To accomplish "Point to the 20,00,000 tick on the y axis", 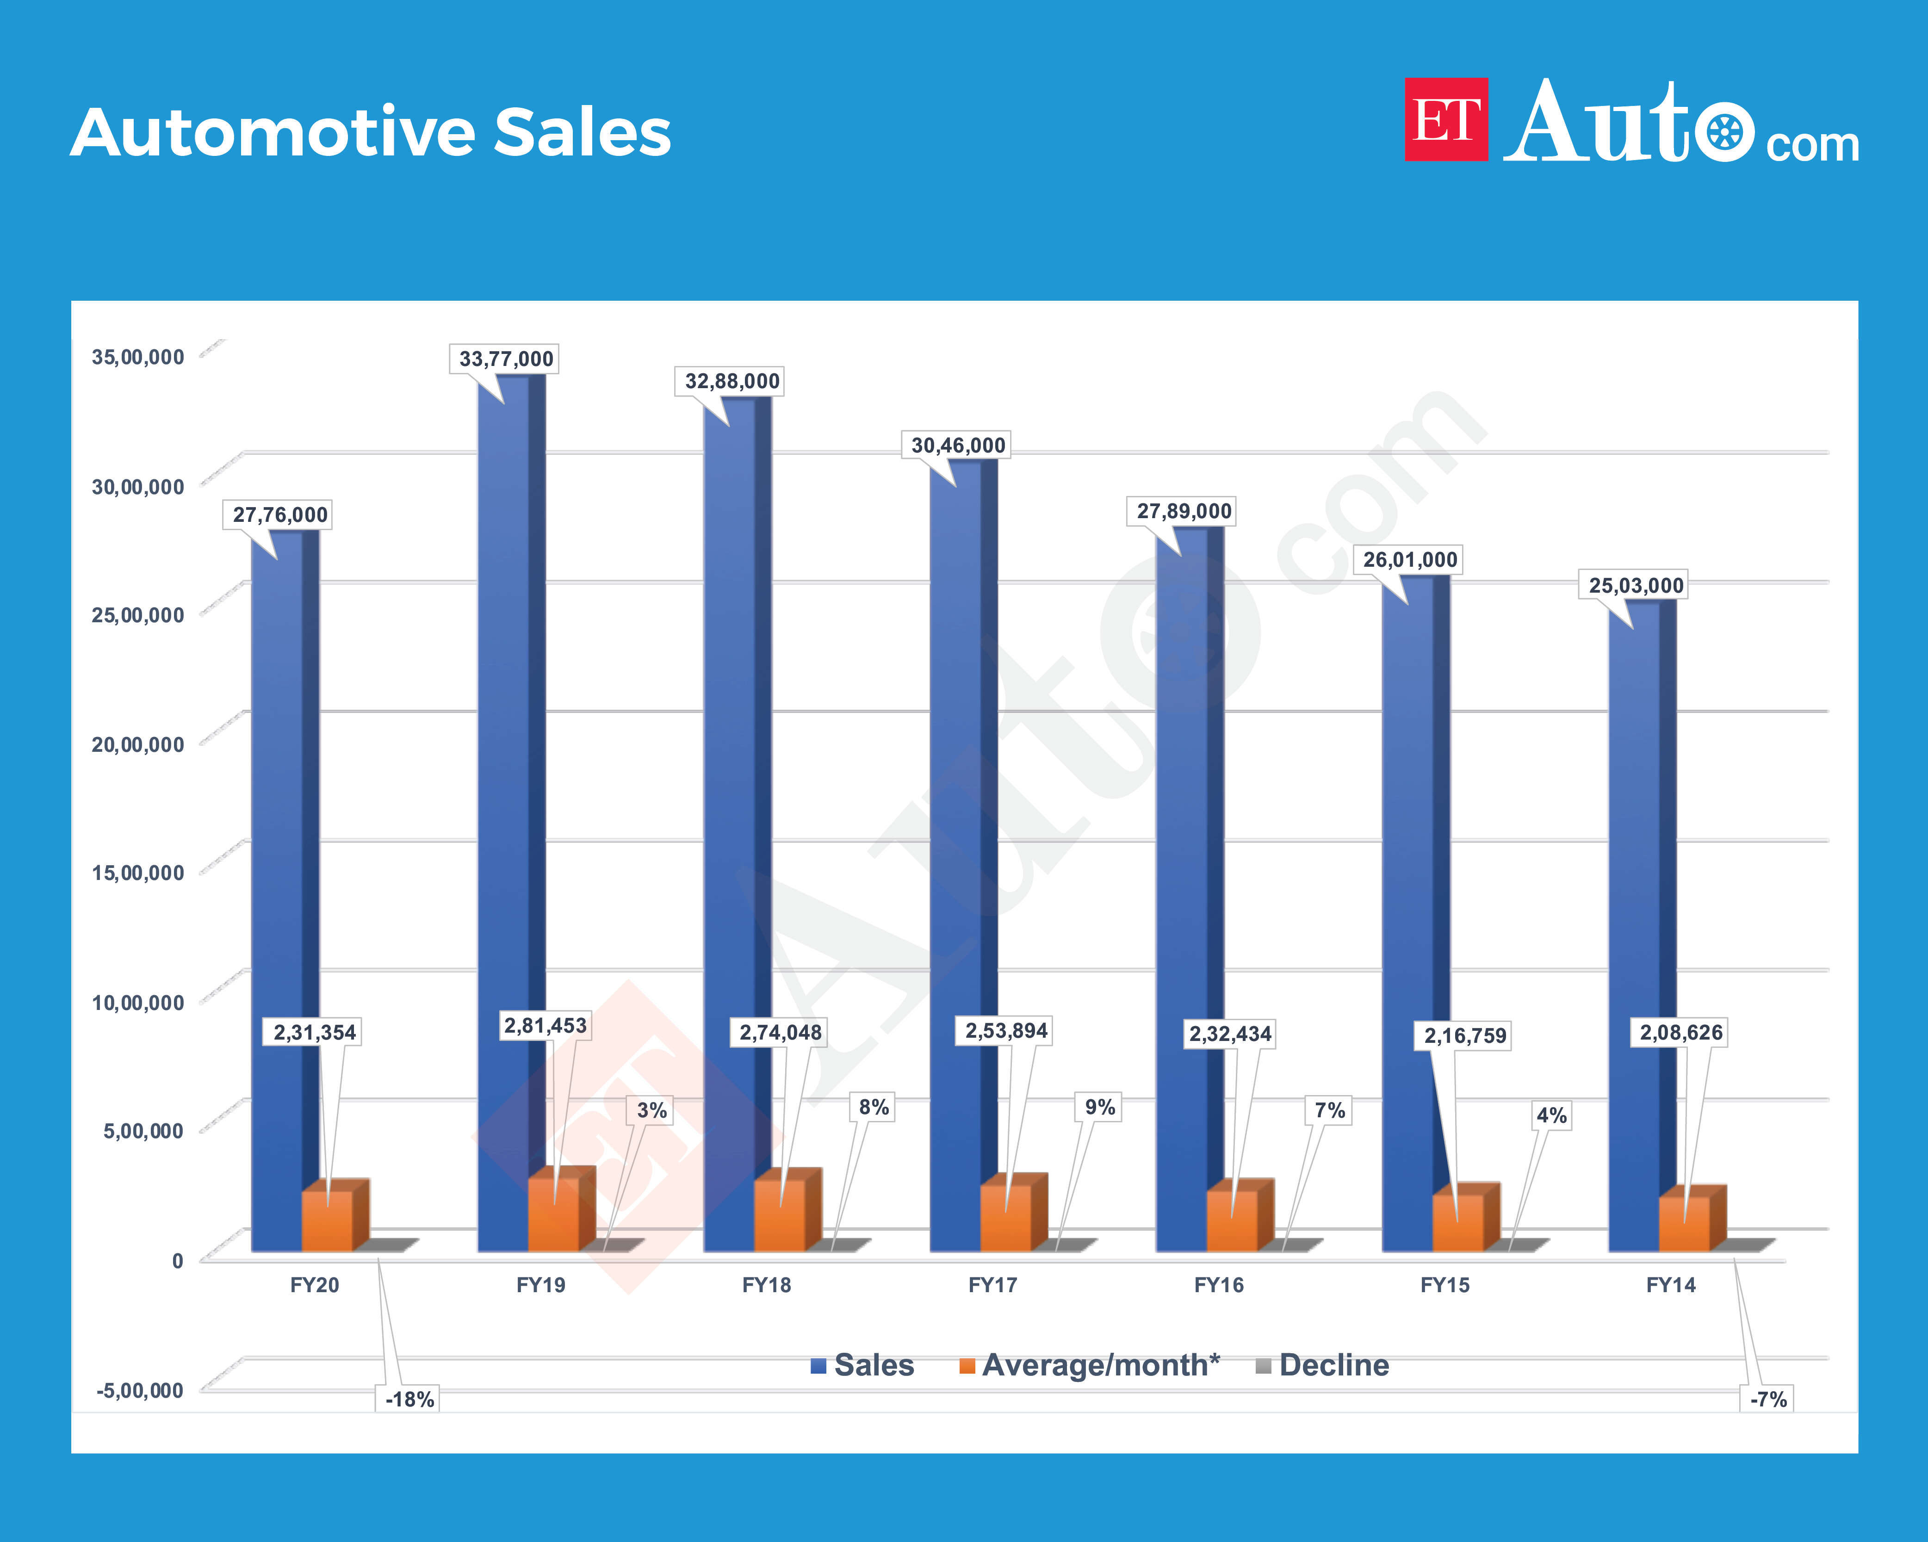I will click(x=138, y=744).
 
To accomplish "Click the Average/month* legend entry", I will click(x=1089, y=1365).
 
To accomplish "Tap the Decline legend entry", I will click(x=1323, y=1365).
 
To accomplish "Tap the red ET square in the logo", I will click(x=1446, y=120).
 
